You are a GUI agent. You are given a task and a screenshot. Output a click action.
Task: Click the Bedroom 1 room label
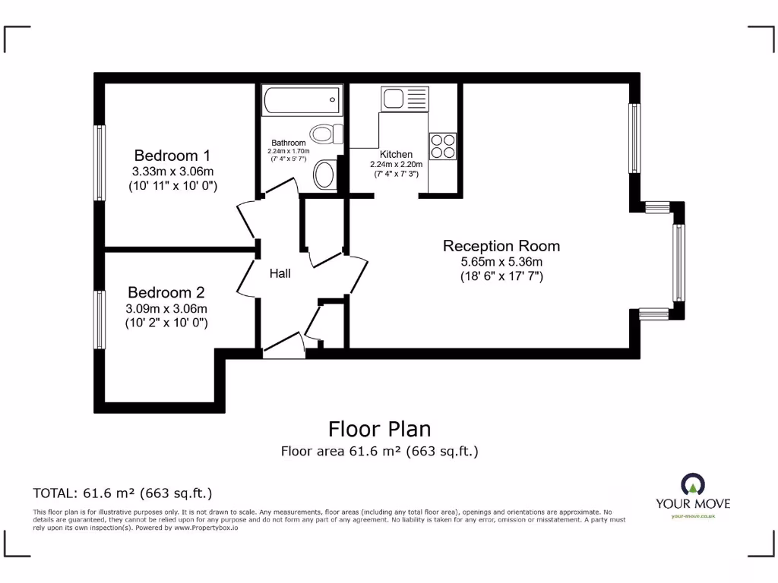point(172,155)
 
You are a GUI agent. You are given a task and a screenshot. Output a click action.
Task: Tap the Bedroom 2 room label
point(166,292)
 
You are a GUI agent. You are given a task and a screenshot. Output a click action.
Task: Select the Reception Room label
point(501,246)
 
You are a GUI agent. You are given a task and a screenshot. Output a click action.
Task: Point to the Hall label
point(280,273)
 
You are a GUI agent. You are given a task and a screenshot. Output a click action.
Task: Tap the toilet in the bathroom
point(326,134)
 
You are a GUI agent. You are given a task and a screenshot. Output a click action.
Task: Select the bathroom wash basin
point(324,175)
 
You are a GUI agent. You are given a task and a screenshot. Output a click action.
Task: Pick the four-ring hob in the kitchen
point(442,146)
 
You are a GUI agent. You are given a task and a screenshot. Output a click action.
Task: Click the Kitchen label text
point(396,154)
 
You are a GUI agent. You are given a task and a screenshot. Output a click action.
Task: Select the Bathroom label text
point(289,143)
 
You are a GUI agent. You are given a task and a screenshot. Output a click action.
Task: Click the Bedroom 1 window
point(100,162)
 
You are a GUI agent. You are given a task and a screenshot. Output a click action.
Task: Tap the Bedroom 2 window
point(100,320)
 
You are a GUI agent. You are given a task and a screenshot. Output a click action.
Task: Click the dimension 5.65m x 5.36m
point(501,262)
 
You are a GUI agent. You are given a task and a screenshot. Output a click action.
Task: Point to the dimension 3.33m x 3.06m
point(172,171)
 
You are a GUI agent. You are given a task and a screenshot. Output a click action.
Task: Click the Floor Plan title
point(379,429)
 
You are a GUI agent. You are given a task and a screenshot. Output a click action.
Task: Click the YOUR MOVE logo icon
point(692,484)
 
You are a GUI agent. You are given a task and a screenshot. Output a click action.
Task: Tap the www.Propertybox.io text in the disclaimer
point(206,527)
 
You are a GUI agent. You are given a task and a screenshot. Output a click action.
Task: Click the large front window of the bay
point(678,263)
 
